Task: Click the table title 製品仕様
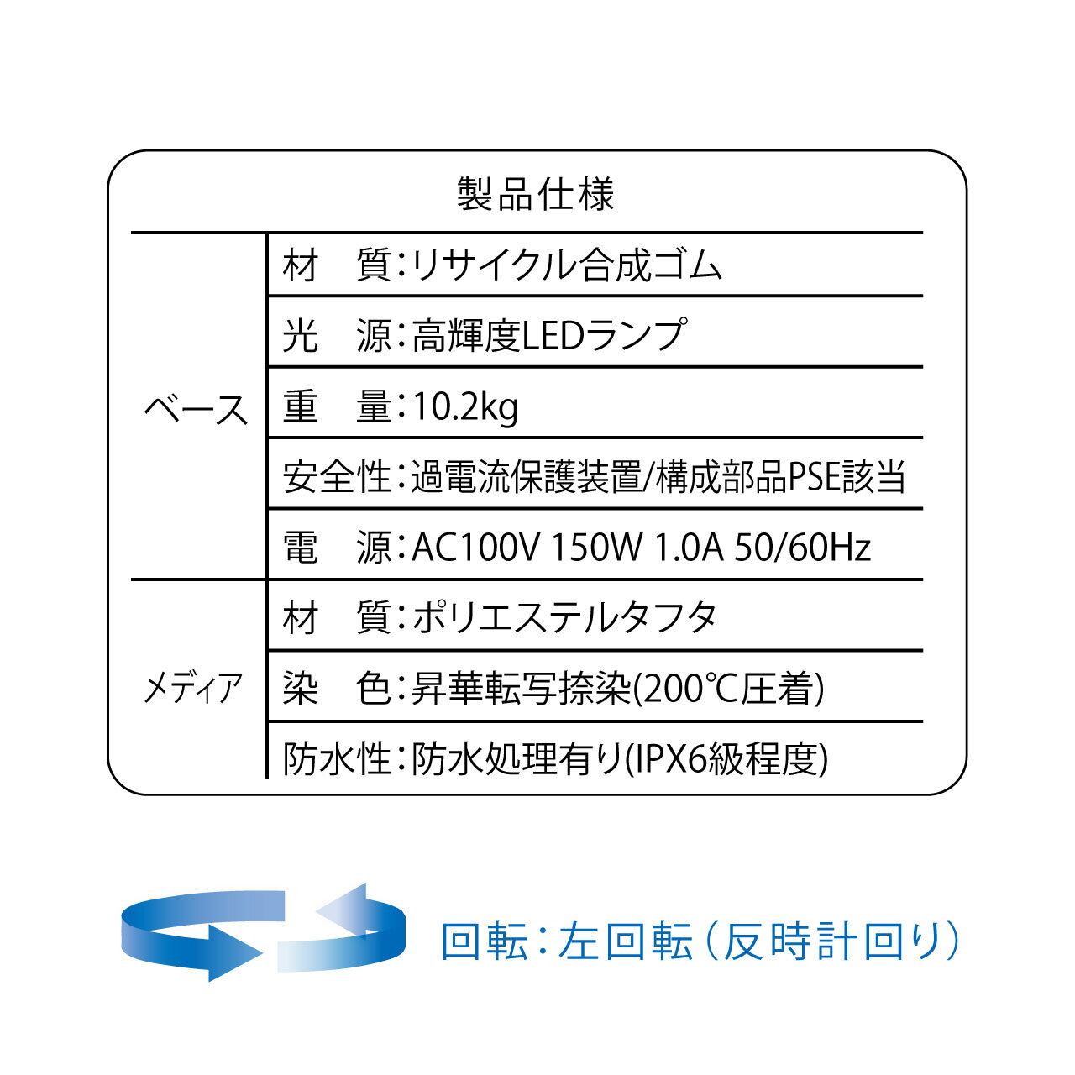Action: [536, 194]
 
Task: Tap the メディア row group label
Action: [194, 689]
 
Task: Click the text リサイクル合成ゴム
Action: [567, 266]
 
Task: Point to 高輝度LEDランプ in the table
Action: [547, 336]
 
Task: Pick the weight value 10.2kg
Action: [464, 407]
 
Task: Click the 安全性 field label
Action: [337, 477]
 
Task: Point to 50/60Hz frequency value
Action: [801, 548]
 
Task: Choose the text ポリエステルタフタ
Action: [564, 618]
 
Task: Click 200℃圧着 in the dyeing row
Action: [728, 690]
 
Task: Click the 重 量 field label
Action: [337, 407]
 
